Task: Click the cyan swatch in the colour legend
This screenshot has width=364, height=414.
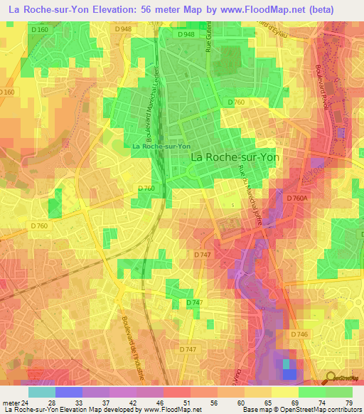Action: point(41,392)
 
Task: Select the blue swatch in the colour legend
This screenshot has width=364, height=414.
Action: point(68,392)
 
